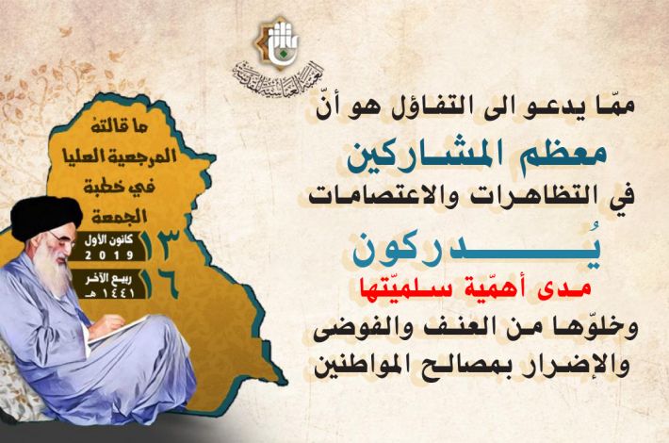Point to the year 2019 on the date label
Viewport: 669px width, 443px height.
tap(108, 254)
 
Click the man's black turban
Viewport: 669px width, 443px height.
tap(45, 217)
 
